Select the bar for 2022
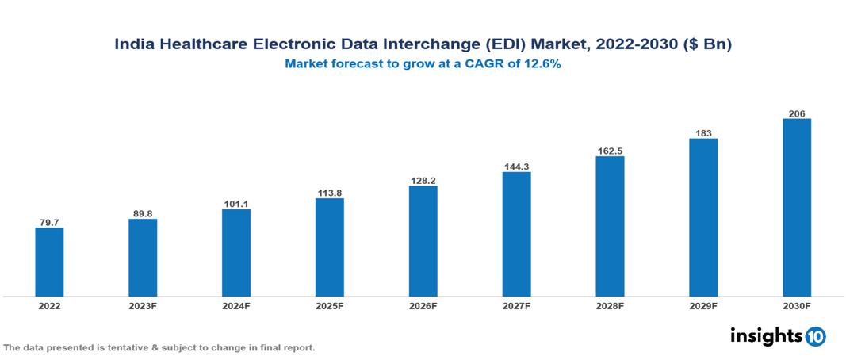49,262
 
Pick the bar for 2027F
517,234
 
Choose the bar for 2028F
610,226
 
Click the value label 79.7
49,223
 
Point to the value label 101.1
236,204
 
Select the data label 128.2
423,181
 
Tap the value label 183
703,133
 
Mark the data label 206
797,114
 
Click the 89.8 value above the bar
143,213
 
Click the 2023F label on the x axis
143,305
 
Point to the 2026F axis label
423,305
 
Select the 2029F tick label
703,305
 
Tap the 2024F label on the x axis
236,305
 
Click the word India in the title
135,45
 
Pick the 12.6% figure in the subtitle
542,65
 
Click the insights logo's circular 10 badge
815,337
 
